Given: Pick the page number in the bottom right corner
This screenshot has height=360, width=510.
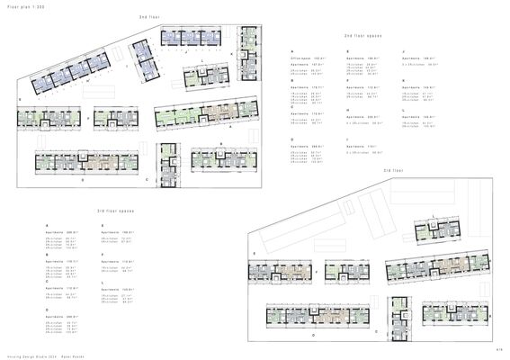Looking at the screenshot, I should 497,348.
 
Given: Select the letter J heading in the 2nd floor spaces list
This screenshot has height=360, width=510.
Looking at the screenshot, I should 404,51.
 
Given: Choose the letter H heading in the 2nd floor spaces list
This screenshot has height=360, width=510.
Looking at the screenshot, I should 348,109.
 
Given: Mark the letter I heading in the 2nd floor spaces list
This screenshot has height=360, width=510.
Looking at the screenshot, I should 348,139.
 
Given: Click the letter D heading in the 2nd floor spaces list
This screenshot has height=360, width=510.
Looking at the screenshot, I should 293,139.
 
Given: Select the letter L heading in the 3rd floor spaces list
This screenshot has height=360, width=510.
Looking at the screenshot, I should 103,282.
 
